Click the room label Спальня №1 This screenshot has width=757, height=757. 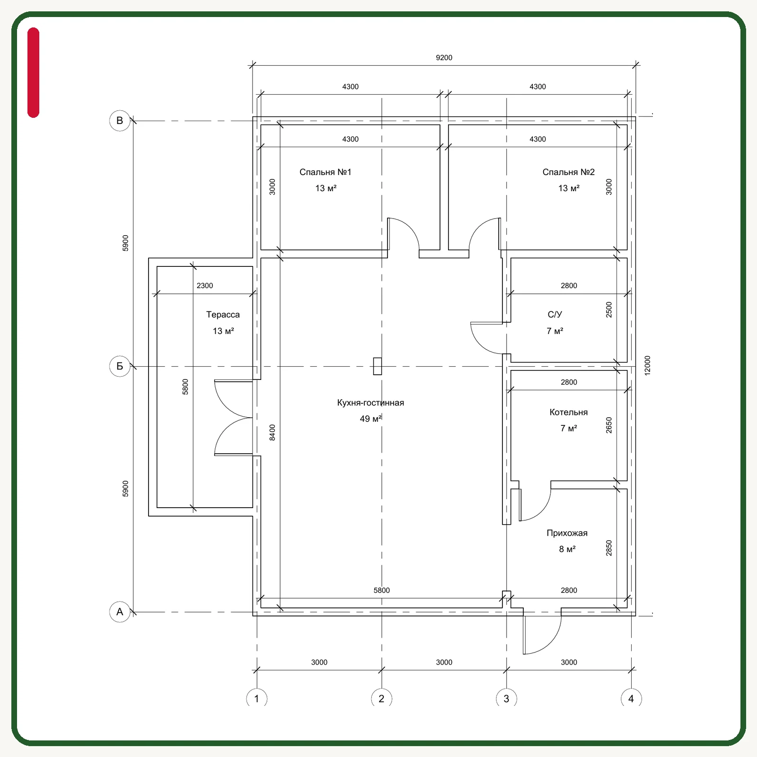coord(326,172)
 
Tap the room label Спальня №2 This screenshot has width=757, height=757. coord(568,172)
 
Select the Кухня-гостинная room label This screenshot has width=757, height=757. coord(370,403)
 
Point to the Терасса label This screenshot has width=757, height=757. coord(223,315)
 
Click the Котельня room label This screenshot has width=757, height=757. coord(569,412)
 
